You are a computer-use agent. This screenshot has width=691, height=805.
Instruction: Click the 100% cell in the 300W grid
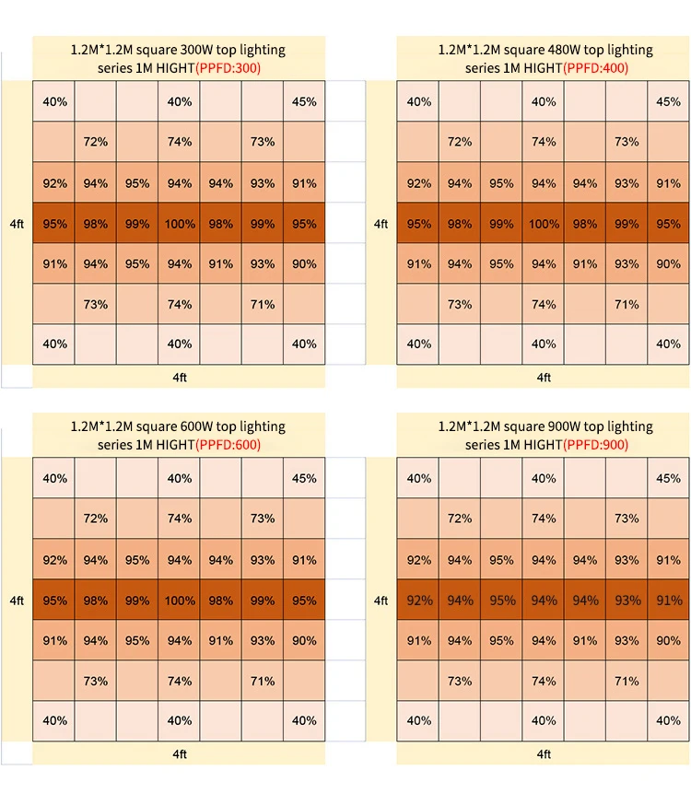click(180, 224)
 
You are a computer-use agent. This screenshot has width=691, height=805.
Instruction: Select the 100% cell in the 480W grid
click(544, 224)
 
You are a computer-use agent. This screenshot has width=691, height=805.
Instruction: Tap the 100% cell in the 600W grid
click(180, 601)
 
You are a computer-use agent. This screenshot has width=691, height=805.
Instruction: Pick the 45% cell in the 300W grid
click(304, 102)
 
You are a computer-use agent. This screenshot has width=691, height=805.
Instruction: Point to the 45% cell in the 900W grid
click(668, 479)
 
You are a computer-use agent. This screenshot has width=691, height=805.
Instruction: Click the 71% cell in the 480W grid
click(627, 305)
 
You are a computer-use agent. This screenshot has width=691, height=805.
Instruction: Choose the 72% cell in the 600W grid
click(96, 519)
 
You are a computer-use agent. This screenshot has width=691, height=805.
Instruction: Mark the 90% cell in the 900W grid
click(668, 641)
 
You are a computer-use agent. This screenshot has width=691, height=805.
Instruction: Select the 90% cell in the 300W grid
click(304, 264)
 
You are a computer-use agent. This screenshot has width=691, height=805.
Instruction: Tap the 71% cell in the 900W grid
click(627, 682)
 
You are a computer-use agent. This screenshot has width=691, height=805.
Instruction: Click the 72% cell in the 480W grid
click(460, 142)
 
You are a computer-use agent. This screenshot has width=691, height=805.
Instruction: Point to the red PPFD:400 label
click(593, 68)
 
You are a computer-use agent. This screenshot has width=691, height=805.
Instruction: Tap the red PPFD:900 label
click(593, 445)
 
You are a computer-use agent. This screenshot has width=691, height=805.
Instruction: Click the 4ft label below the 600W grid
click(180, 754)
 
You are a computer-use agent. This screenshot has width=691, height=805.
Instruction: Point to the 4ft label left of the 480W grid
click(381, 224)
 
